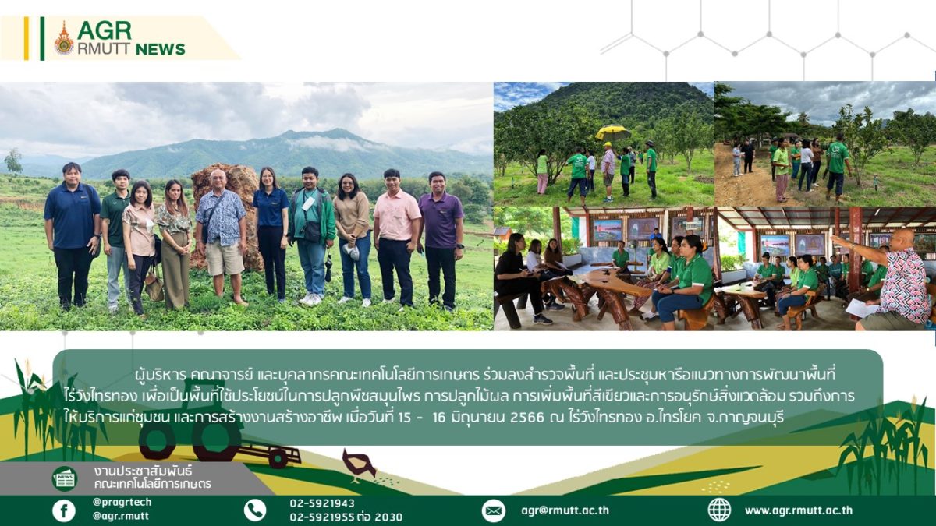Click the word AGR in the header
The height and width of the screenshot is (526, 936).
coord(105,30)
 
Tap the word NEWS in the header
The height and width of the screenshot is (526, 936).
coord(161,49)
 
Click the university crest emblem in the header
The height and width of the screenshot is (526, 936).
coord(64,38)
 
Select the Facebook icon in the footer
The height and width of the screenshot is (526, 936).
coord(64,510)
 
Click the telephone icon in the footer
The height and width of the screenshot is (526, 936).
coord(255,510)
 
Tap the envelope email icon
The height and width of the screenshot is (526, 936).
coord(494,510)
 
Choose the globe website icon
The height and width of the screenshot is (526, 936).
coord(719,510)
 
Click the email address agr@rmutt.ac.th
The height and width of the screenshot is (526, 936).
coord(565,510)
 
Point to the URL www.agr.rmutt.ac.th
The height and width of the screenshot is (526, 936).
coord(799,510)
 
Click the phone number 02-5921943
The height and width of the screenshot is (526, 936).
coord(322,503)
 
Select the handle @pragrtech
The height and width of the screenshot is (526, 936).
coord(122,502)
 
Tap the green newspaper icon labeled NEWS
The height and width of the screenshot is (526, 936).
coord(64,478)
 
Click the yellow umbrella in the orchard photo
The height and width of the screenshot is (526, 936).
coord(612,132)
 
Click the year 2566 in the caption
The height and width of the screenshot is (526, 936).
coord(526,417)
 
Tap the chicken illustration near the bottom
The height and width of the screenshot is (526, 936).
coord(359,464)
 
